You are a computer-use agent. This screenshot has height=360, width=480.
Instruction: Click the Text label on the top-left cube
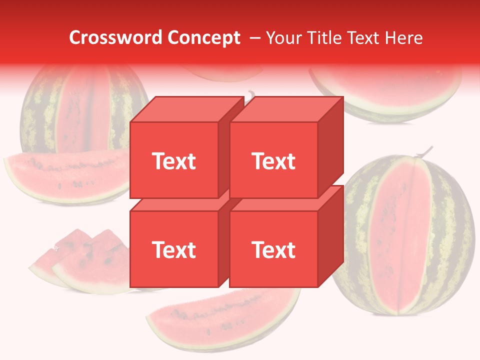(x=173, y=161)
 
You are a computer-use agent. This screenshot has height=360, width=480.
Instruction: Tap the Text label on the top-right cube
(x=273, y=161)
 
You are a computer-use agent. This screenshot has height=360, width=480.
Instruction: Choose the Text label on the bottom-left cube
(x=173, y=249)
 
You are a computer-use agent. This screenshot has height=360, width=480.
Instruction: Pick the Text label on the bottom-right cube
(x=273, y=249)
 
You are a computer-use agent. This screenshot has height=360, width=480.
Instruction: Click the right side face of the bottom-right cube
(x=330, y=237)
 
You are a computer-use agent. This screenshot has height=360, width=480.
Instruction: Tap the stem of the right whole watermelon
(x=425, y=151)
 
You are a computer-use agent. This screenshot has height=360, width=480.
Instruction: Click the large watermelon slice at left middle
(x=65, y=175)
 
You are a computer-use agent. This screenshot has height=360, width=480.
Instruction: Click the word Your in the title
(x=285, y=38)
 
